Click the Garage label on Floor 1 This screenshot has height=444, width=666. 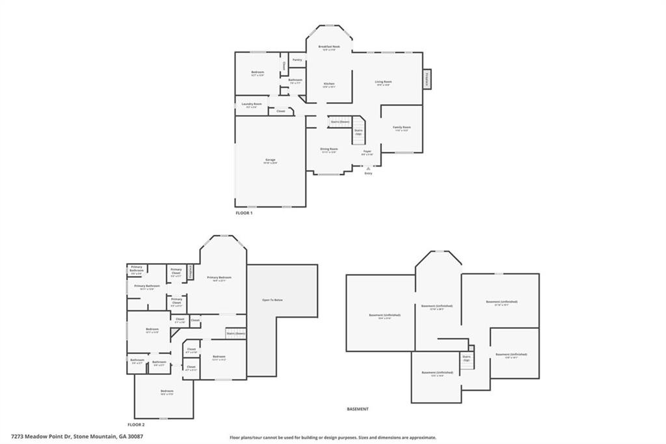[270, 160]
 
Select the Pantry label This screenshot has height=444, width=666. [297, 60]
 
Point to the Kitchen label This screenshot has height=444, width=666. [329, 85]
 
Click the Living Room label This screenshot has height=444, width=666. [383, 83]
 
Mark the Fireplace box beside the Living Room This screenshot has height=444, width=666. [427, 78]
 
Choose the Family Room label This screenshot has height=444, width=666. [401, 128]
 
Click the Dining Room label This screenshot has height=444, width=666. [328, 150]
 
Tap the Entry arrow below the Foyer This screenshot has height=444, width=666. [368, 169]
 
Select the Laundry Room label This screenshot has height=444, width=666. [251, 104]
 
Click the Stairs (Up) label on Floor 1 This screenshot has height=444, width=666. [358, 132]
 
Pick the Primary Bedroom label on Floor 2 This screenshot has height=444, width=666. [219, 278]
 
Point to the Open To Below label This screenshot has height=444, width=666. [272, 299]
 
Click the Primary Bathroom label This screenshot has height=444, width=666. [147, 286]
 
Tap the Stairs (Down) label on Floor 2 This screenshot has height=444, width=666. [235, 334]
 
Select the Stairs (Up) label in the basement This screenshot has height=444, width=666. [466, 358]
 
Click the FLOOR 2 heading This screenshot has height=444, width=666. [136, 424]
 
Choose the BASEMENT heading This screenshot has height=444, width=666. [358, 409]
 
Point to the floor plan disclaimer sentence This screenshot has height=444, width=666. [332, 437]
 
